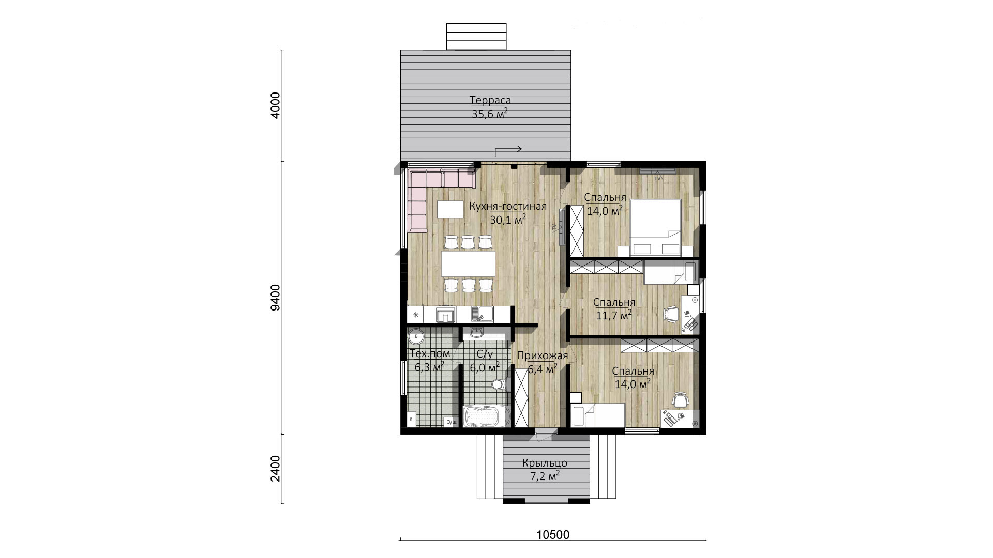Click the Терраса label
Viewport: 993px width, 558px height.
click(x=490, y=100)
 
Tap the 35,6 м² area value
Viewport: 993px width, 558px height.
click(x=489, y=114)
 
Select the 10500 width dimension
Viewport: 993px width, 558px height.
click(x=552, y=535)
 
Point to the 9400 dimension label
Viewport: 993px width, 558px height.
click(x=276, y=297)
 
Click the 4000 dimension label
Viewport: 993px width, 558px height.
click(x=276, y=105)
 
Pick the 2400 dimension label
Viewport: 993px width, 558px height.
click(x=276, y=468)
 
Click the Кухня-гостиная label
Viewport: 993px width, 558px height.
click(x=508, y=207)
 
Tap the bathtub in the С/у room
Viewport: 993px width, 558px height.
click(x=487, y=416)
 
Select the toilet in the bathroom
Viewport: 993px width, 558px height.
click(x=498, y=384)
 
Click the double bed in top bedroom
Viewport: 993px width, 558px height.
click(x=655, y=227)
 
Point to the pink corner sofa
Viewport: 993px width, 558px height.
click(x=429, y=194)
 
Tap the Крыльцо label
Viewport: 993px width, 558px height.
click(x=545, y=463)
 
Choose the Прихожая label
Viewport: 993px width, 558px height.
click(x=542, y=355)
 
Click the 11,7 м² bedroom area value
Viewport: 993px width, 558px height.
click(x=613, y=315)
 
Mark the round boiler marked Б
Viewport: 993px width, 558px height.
click(x=416, y=337)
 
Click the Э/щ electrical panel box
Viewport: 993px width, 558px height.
click(x=451, y=422)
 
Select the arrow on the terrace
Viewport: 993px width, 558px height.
click(x=508, y=150)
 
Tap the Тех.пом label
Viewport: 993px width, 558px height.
click(x=429, y=354)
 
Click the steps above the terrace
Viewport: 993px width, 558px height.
click(x=476, y=36)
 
